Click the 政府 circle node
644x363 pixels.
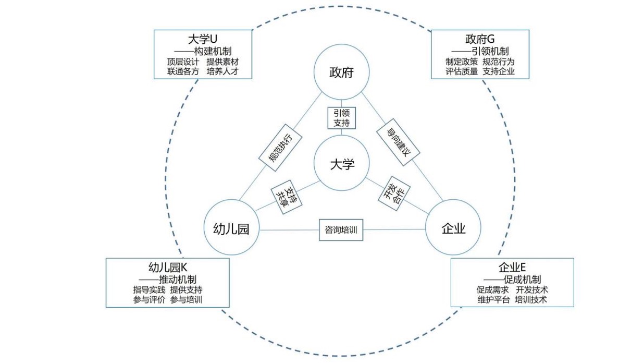click(x=341, y=72)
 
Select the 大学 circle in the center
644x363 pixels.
click(x=342, y=164)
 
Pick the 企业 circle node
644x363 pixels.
click(x=453, y=228)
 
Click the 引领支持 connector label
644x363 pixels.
click(x=341, y=118)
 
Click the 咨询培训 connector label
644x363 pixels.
click(x=341, y=230)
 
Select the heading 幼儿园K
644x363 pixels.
click(x=167, y=268)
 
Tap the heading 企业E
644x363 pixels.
click(x=512, y=268)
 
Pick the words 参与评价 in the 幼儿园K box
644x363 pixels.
click(x=149, y=300)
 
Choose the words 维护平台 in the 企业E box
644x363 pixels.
click(x=493, y=300)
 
